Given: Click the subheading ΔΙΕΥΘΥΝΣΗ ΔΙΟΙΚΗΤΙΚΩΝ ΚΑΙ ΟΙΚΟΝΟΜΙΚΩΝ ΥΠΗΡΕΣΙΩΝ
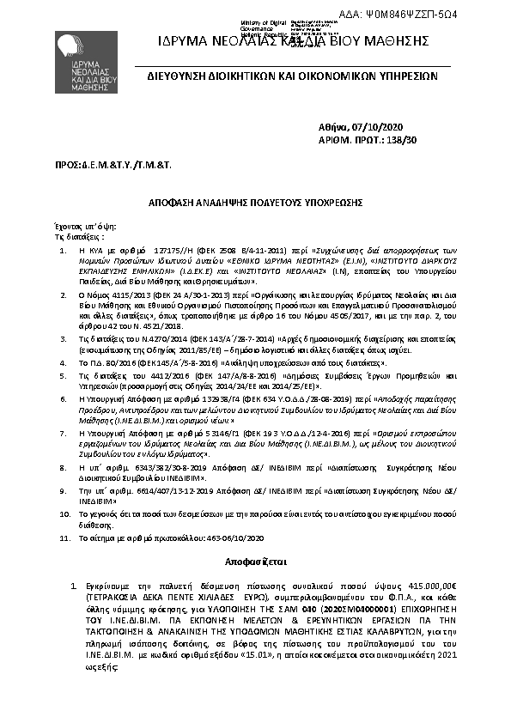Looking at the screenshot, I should point(293,76).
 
